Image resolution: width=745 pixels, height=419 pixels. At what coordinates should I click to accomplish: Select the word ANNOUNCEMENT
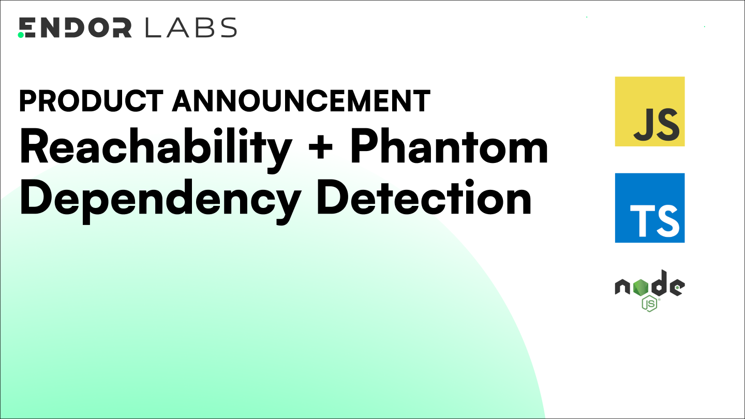coord(301,101)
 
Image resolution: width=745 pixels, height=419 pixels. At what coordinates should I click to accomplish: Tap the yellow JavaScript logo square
coord(649,111)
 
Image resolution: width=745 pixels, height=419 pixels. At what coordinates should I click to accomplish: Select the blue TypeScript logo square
coord(649,208)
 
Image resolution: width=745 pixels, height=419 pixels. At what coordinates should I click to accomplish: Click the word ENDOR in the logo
coord(75,28)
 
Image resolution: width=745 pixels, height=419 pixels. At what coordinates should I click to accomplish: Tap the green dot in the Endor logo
coord(21,35)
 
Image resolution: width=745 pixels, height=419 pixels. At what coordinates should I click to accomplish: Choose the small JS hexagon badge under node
coord(649,304)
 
